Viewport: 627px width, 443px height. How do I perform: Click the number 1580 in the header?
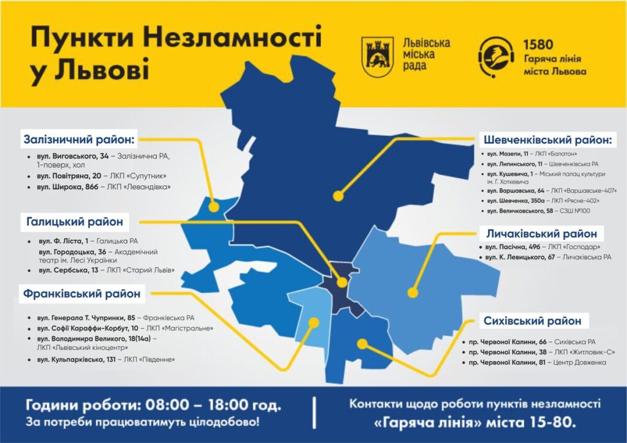[538, 45]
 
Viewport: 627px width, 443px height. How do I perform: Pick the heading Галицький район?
[73, 221]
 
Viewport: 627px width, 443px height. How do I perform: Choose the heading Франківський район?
[81, 294]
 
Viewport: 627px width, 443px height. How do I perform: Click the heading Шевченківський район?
[547, 140]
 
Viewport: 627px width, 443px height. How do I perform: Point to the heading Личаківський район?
[541, 234]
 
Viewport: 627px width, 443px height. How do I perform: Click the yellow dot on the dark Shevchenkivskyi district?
[337, 196]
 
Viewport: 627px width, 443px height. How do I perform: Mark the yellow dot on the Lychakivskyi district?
[413, 292]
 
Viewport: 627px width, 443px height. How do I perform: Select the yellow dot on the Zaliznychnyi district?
[214, 207]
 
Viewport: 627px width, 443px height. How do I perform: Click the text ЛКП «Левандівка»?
[145, 186]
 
